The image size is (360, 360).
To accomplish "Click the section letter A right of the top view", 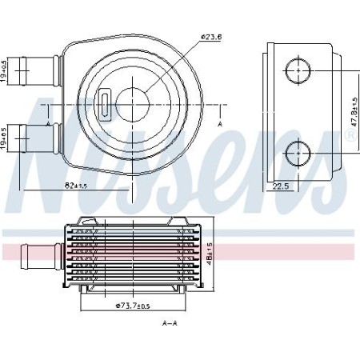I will pos(220,125).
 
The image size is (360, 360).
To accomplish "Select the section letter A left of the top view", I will pos(49,125).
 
